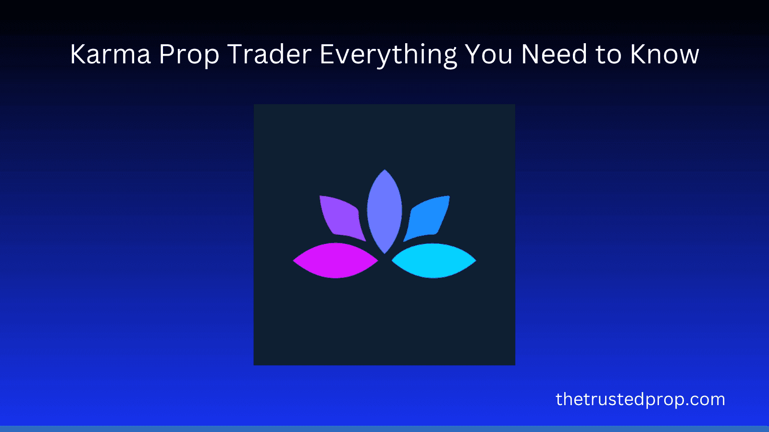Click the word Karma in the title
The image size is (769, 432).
111,54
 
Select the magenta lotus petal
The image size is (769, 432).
335,261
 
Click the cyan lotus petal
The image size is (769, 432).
434,261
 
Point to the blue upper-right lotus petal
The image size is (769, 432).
427,217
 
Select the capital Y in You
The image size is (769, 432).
473,54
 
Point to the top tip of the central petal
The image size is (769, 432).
384,169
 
